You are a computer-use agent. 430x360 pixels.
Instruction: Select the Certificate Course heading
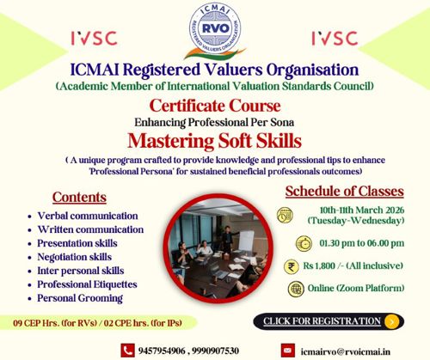tap(214, 106)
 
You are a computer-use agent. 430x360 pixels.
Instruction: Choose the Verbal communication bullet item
tap(87, 216)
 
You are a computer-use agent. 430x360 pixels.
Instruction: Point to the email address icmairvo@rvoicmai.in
tap(345, 350)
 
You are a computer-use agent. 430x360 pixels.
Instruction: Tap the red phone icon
tap(127, 350)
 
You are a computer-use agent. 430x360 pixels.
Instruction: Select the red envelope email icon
tap(288, 350)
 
